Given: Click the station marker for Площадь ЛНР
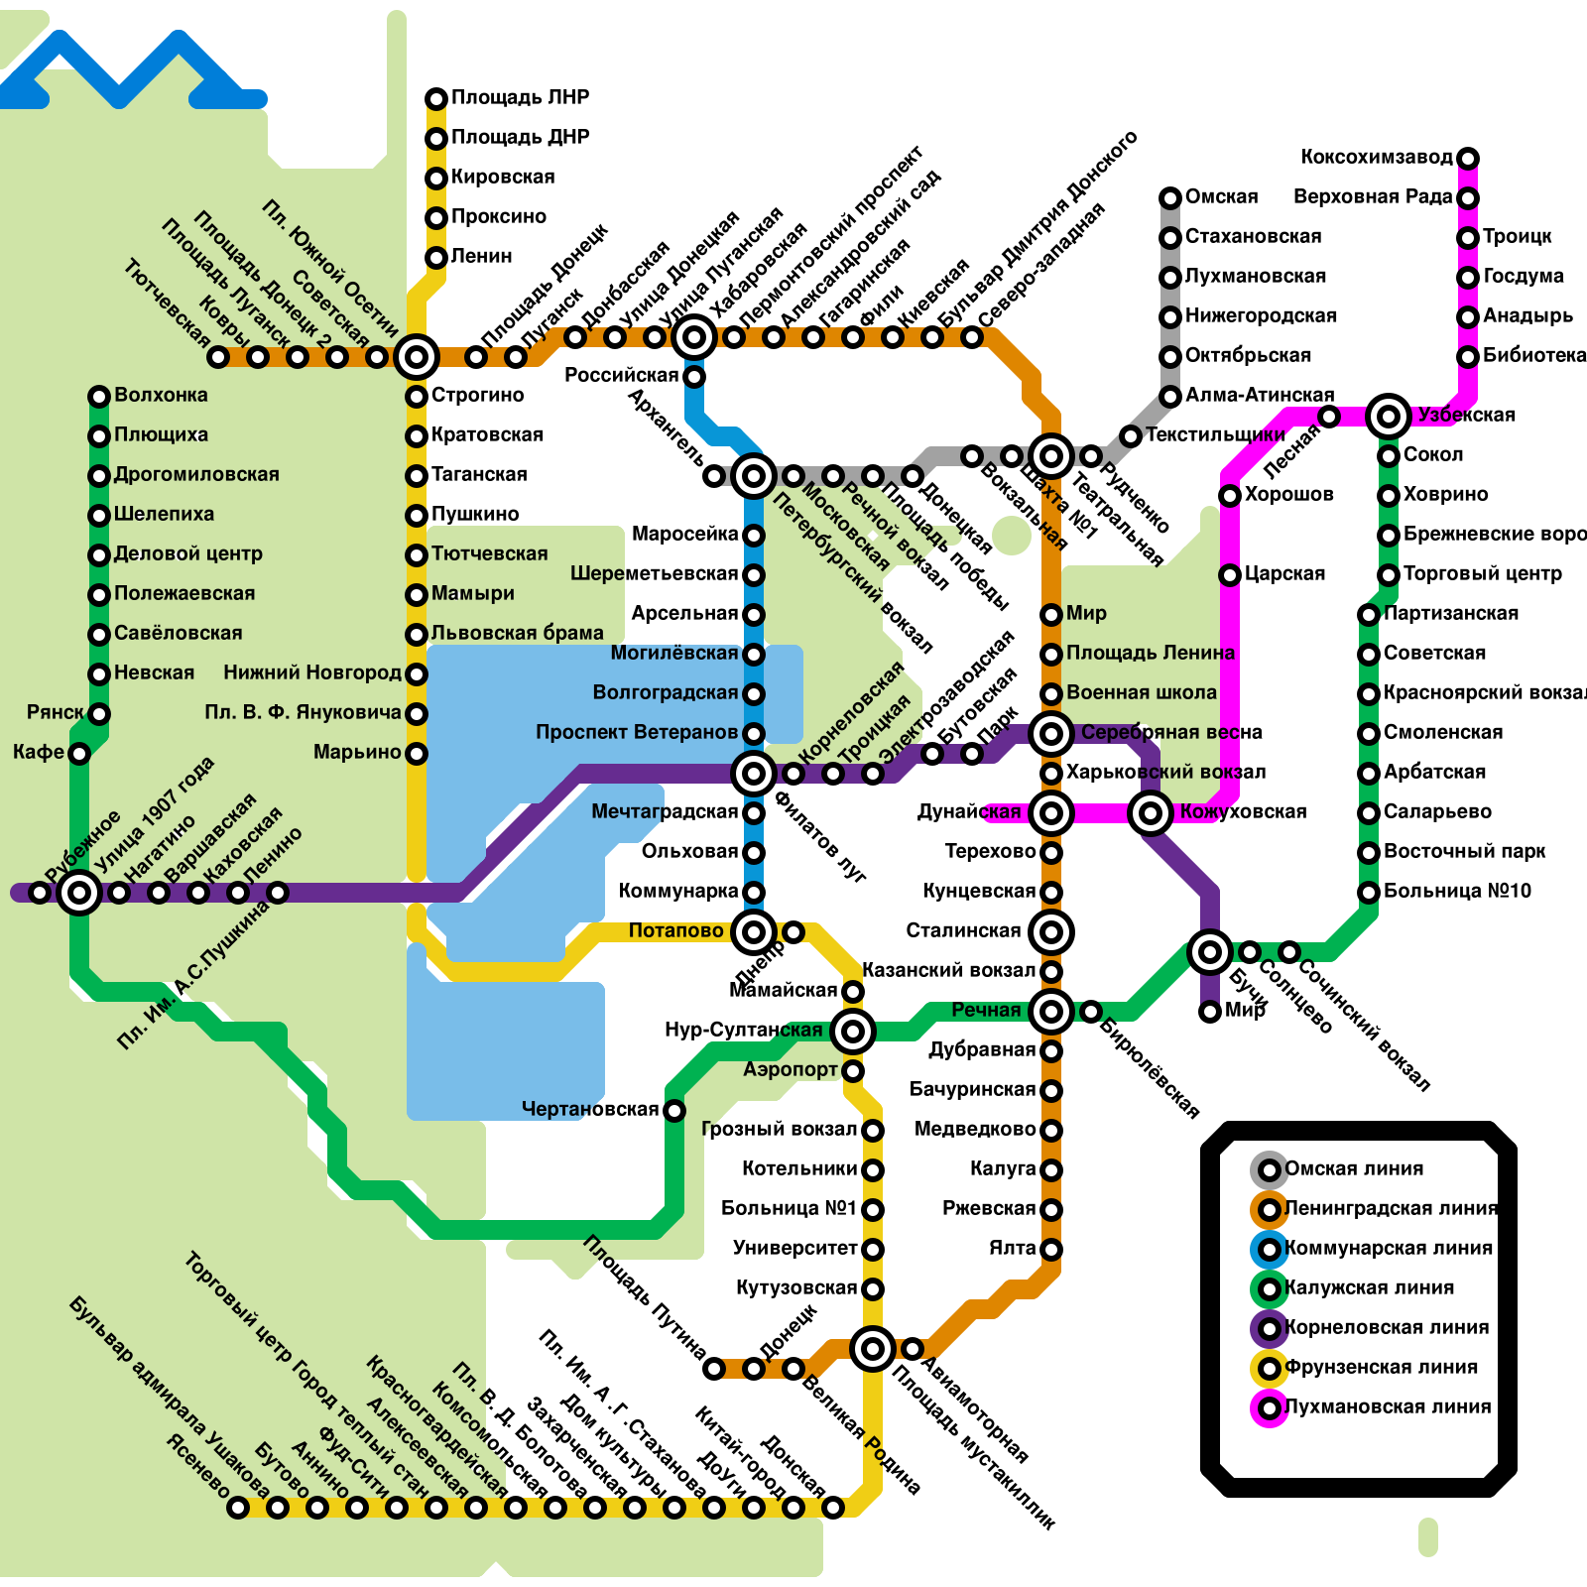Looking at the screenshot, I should pos(436,98).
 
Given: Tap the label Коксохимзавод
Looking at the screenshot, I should pos(1377,158).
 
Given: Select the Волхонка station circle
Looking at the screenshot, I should pos(99,397).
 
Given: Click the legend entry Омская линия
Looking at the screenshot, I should pos(1354,1169).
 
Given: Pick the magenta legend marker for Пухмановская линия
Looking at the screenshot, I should pos(1270,1408).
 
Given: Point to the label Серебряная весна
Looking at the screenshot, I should pos(1171,733).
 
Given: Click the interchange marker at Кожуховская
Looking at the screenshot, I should pos(1151,813).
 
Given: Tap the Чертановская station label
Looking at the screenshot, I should pos(590,1110).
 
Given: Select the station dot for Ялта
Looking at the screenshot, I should pos(1051,1250).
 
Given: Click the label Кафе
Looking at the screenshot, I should pos(39,753).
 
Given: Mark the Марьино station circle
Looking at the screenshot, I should pos(417,754).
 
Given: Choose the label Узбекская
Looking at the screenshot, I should pos(1466,416).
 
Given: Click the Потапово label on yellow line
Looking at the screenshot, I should pos(676,931).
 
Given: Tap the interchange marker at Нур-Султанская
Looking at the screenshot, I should pos(853,1032).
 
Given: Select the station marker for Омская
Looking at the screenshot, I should pos(1170,198).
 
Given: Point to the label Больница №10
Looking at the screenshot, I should pos(1457,892).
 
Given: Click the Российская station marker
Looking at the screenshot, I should pos(694,377).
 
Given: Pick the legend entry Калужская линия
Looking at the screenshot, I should pos(1369,1288).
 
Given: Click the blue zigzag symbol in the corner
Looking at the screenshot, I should pos(129,74).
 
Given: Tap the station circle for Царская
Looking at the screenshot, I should pos(1230,575).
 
